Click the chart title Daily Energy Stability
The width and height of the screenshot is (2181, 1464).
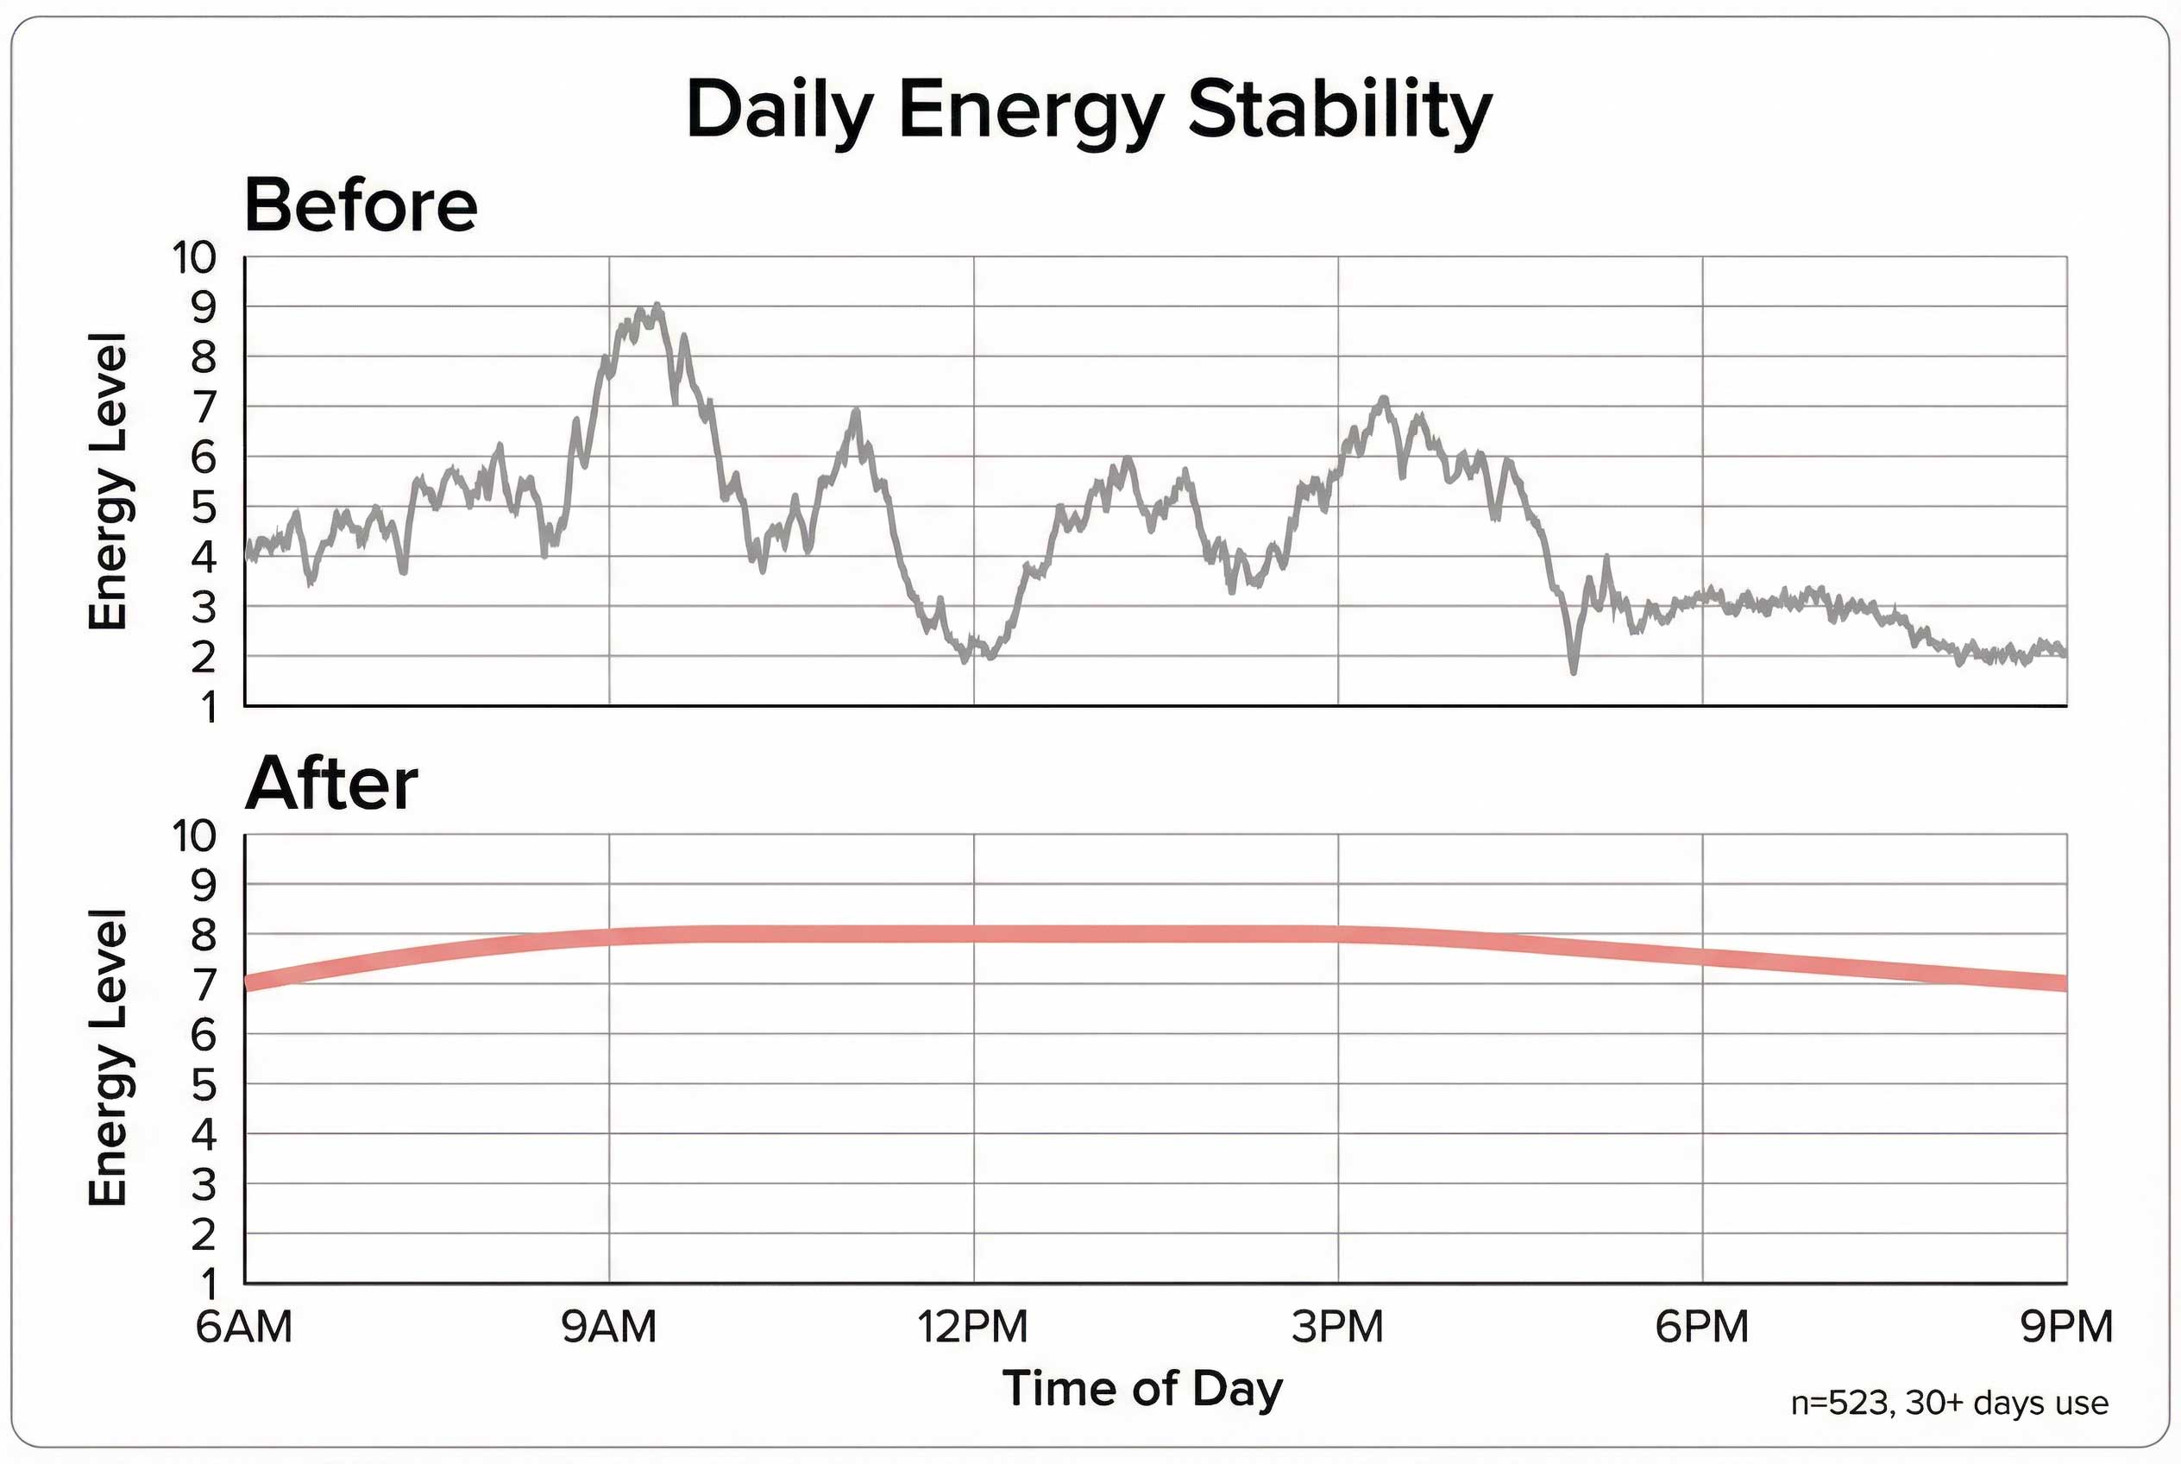[x=1088, y=110]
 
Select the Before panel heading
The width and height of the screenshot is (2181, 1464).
[x=361, y=205]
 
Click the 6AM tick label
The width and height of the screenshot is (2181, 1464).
[x=243, y=1327]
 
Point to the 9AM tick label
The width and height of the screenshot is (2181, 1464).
[x=608, y=1327]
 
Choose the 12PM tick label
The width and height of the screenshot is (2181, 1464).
[x=972, y=1327]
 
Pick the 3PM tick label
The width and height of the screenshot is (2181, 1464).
[x=1337, y=1327]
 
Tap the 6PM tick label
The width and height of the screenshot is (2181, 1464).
[x=1701, y=1327]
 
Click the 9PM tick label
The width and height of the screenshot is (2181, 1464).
[x=2066, y=1327]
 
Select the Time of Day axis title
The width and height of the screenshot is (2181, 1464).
[x=1142, y=1388]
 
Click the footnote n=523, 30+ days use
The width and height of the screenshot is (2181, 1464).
[x=1949, y=1404]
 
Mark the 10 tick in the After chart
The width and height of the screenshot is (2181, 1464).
[x=193, y=836]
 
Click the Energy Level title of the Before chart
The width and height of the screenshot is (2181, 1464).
[x=107, y=481]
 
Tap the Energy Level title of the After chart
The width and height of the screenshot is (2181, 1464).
[x=107, y=1057]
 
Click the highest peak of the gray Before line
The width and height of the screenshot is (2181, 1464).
[x=658, y=306]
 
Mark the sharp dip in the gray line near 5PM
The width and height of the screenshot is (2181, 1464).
[x=1574, y=670]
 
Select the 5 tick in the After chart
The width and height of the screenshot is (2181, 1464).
[x=203, y=1085]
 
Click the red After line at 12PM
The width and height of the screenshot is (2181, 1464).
[x=973, y=934]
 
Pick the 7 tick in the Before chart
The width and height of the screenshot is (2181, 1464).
[x=204, y=407]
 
